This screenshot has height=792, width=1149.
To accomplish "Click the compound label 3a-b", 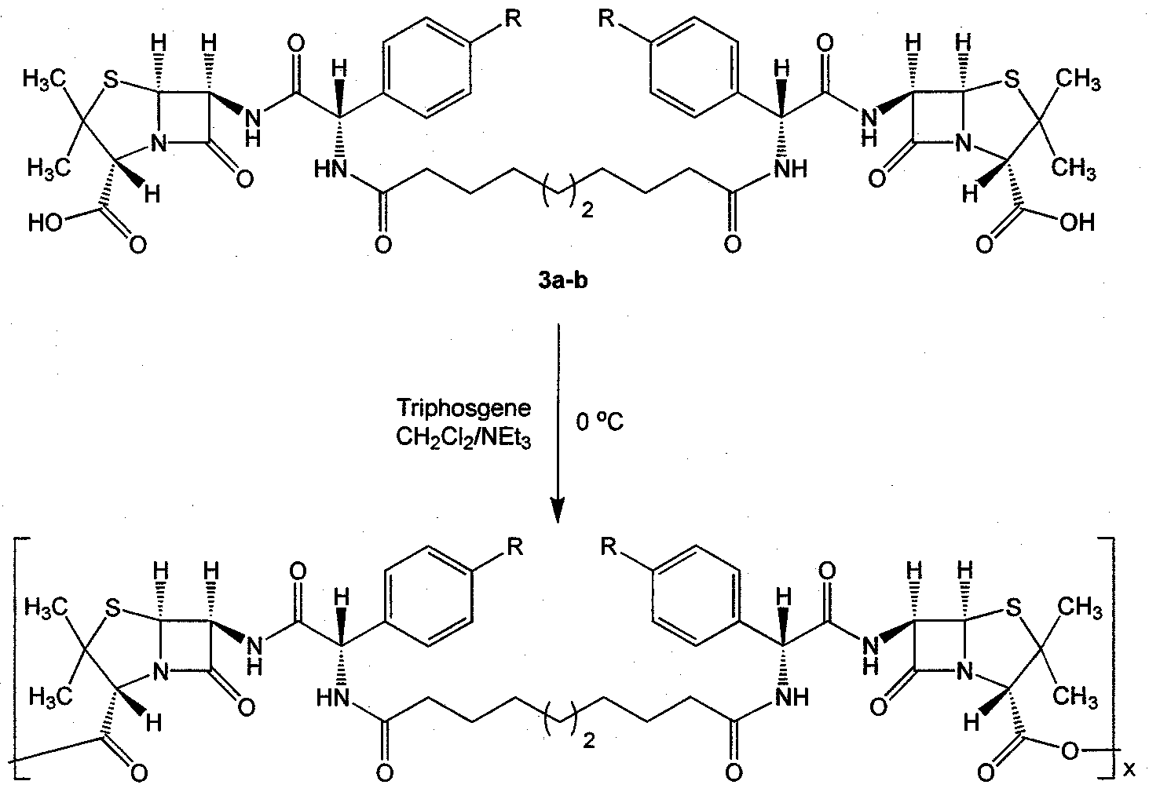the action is point(562,280).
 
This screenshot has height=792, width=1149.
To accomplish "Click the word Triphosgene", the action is point(463,409).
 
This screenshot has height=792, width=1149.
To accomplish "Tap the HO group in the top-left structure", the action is point(45,223).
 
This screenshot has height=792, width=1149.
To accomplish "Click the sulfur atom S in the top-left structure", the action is point(111,80).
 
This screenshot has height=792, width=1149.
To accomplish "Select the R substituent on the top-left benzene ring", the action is point(513,19).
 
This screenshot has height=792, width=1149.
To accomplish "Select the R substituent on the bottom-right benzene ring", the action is point(608,547).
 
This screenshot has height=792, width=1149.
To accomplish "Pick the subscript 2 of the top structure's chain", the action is point(587,210).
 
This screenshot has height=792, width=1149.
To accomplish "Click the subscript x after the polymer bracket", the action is point(1129,769).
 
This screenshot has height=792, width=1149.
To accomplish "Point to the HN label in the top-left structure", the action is point(331,169).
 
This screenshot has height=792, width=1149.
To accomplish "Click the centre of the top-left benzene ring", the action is point(426,68).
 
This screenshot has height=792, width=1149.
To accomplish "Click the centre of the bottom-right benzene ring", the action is point(696,596).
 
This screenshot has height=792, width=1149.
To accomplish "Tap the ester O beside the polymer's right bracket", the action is point(1070,752).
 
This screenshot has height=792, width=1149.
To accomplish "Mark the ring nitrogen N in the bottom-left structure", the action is point(160,670).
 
